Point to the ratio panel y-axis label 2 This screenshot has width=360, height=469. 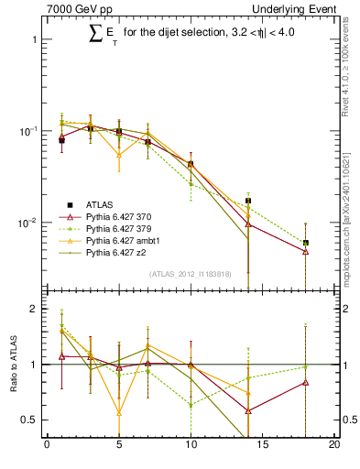(x=34, y=309)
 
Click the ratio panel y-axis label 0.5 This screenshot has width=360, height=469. (x=30, y=420)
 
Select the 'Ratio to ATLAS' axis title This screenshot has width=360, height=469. (x=12, y=365)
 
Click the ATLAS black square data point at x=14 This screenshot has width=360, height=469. (x=248, y=201)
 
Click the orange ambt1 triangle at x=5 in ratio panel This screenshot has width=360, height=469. (x=119, y=412)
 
